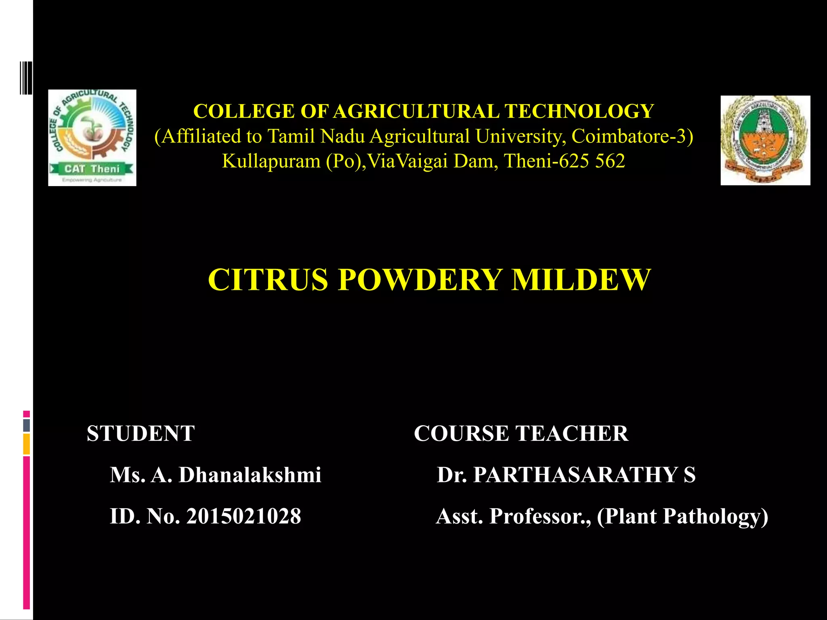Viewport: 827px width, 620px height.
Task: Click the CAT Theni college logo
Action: [92, 138]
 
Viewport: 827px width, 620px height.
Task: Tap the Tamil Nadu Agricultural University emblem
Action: [765, 140]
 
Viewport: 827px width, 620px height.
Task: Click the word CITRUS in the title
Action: [268, 279]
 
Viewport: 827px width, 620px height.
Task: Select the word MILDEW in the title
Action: [581, 279]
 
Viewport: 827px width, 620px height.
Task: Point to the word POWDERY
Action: [420, 279]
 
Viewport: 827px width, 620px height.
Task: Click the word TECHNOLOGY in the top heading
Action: [579, 111]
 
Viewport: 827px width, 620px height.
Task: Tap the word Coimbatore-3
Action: [632, 136]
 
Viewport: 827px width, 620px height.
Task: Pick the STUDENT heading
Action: [141, 434]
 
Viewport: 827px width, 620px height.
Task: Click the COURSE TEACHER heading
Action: [521, 434]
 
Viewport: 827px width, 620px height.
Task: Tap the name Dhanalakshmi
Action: [250, 475]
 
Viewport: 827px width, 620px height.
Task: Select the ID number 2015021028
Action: [243, 516]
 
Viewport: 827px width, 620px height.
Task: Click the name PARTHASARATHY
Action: [575, 475]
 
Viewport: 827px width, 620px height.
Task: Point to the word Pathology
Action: [715, 516]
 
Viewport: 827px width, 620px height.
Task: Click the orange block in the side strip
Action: [26, 444]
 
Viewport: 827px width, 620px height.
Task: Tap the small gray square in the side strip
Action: [26, 425]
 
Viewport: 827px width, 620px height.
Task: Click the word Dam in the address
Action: [475, 161]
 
